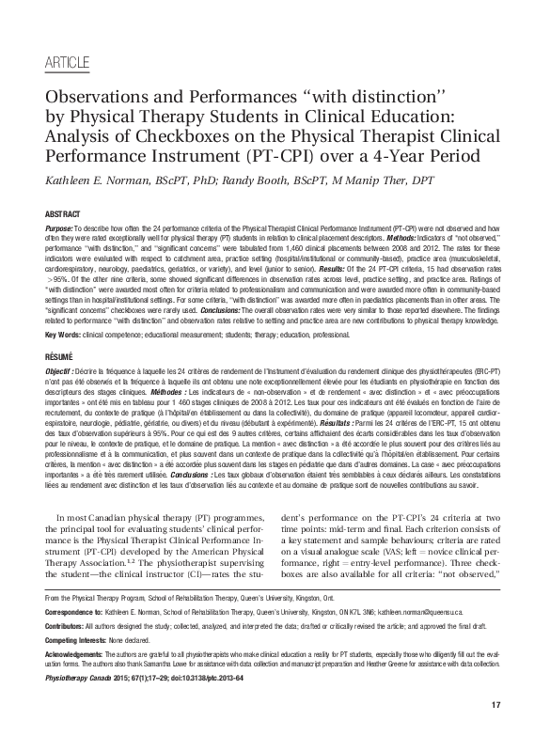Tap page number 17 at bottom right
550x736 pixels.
497,705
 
